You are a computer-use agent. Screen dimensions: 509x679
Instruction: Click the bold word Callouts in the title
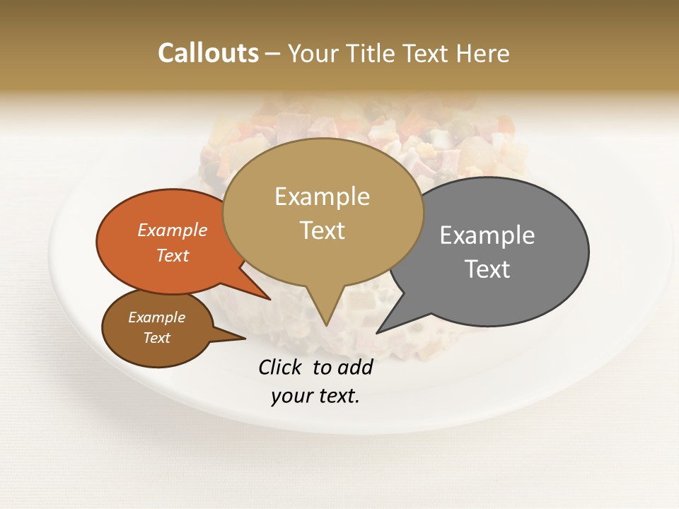[x=208, y=53]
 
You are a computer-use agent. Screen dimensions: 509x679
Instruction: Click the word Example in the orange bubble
[x=173, y=230]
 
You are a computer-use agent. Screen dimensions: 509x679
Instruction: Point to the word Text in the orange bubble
[x=173, y=255]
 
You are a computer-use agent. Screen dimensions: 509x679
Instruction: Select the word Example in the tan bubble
[x=322, y=197]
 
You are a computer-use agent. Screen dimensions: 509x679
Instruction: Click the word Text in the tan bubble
[x=322, y=230]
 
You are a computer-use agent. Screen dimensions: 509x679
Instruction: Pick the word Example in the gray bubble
[x=487, y=235]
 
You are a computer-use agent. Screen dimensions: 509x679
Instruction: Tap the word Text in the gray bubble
[x=487, y=269]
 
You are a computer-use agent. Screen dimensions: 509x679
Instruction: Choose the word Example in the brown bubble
[x=157, y=317]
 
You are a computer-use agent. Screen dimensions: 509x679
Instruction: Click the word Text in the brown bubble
[x=157, y=338]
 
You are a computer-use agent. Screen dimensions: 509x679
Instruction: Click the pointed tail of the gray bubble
[x=379, y=331]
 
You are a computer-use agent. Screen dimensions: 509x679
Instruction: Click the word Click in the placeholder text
[x=281, y=367]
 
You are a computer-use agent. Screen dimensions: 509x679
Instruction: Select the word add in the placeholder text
[x=354, y=367]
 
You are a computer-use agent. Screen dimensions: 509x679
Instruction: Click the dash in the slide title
[x=274, y=54]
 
